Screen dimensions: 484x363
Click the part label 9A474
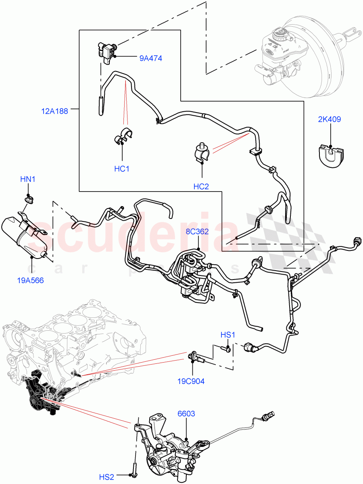(x=150, y=58)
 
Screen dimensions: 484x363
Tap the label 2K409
(x=330, y=119)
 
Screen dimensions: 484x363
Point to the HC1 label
(x=121, y=169)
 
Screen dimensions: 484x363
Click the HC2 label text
(x=201, y=186)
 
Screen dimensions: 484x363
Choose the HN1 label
(x=28, y=179)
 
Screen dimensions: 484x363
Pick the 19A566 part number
(x=30, y=280)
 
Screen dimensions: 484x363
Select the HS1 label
(x=228, y=335)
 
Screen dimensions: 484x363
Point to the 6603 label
(x=186, y=413)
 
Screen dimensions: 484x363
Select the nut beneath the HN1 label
(x=29, y=198)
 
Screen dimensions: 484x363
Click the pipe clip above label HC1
(x=123, y=137)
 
